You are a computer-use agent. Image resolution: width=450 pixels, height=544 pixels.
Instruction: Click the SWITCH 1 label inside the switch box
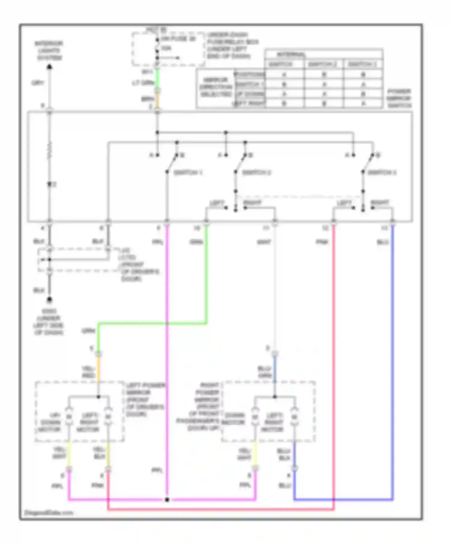point(188,173)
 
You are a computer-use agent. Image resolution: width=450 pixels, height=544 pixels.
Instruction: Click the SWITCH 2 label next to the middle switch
point(256,173)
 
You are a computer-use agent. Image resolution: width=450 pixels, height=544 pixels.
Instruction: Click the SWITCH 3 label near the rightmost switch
point(382,173)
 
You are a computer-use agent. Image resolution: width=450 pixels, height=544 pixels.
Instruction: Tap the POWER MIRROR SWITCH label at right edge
point(399,98)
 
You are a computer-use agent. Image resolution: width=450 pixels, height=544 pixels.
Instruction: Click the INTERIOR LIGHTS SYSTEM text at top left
point(49,51)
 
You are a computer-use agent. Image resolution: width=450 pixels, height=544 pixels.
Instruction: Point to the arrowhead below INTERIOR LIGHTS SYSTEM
point(49,67)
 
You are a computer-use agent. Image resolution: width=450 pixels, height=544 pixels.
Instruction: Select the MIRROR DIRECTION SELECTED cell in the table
point(216,87)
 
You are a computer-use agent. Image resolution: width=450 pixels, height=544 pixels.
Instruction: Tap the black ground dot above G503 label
point(49,299)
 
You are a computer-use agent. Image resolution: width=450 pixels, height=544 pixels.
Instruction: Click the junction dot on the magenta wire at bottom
point(167,500)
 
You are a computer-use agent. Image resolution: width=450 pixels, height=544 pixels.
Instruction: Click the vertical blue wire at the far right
point(392,360)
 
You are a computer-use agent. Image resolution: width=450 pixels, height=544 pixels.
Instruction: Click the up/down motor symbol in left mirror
point(69,417)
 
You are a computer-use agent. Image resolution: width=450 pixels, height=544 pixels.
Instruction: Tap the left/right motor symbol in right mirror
point(294,417)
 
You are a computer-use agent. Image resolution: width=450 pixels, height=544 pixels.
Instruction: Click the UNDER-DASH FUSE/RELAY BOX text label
point(232,45)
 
